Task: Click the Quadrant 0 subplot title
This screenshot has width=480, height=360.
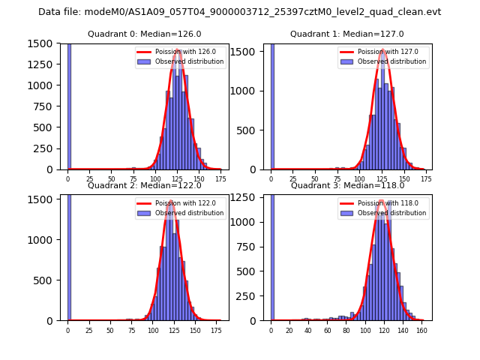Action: point(145,34)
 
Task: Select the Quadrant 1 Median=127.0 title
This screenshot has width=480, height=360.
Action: point(347,34)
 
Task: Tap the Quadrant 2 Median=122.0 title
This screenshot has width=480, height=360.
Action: point(145,185)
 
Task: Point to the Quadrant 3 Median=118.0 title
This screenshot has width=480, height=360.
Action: point(347,185)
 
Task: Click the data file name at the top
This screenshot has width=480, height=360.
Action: point(240,12)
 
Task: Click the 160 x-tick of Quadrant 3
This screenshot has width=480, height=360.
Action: point(421,330)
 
